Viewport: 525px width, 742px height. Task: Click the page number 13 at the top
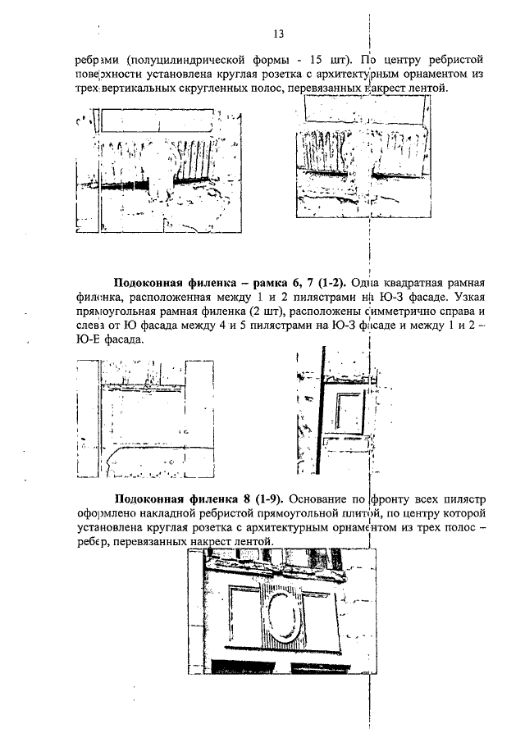point(278,34)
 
